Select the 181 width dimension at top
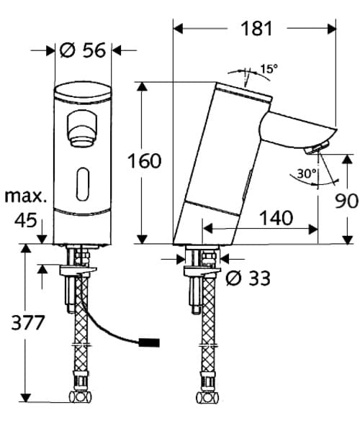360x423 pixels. coord(256,29)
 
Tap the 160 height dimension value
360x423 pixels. coord(145,161)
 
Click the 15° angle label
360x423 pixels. coord(269,70)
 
